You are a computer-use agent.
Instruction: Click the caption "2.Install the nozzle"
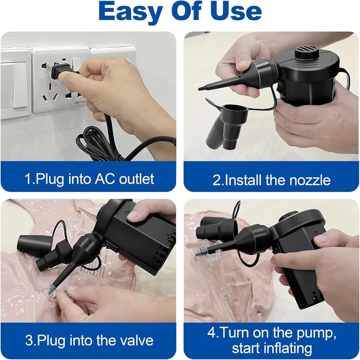pyautogui.click(x=271, y=179)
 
